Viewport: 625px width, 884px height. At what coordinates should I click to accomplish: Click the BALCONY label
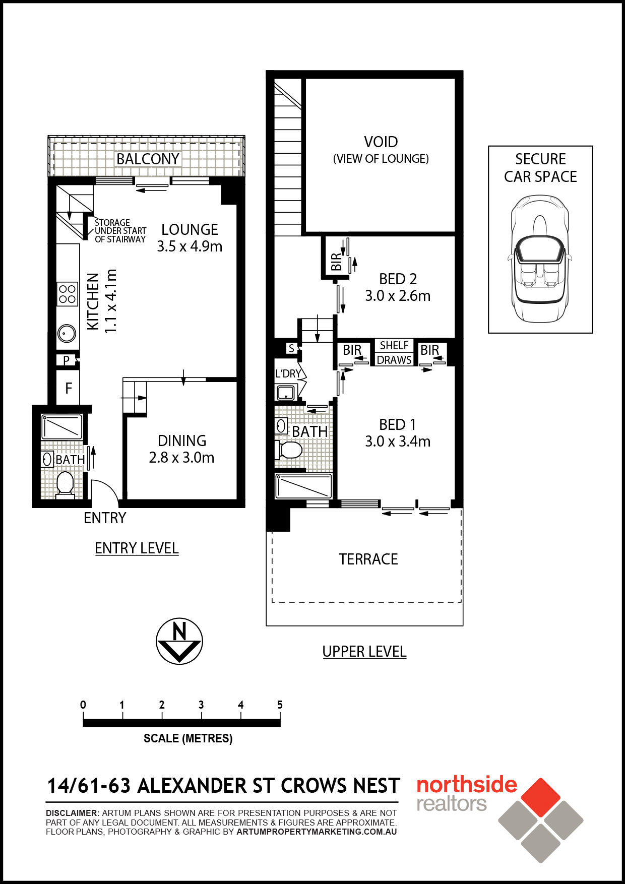[148, 159]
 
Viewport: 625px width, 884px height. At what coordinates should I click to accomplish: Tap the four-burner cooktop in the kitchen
[67, 294]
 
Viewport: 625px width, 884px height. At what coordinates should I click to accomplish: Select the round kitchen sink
[67, 333]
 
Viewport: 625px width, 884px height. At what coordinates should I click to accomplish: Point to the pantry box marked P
[67, 360]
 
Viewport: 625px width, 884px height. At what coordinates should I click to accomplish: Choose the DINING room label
[182, 440]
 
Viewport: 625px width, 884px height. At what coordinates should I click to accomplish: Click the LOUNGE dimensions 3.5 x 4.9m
[190, 246]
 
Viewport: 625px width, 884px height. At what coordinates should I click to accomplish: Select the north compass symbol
[179, 641]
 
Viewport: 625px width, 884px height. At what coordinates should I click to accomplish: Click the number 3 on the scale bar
[201, 705]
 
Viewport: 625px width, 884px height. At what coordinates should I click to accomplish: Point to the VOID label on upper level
[381, 142]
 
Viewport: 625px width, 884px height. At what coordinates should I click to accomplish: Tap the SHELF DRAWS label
[394, 353]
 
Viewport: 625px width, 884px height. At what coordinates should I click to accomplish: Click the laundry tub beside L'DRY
[286, 393]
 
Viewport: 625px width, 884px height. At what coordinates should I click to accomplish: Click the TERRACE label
[368, 559]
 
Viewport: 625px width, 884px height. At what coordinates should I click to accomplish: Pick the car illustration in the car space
[540, 259]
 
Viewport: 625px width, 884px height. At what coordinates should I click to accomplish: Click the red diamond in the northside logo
[541, 797]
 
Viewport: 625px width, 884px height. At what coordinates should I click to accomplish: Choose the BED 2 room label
[398, 279]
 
